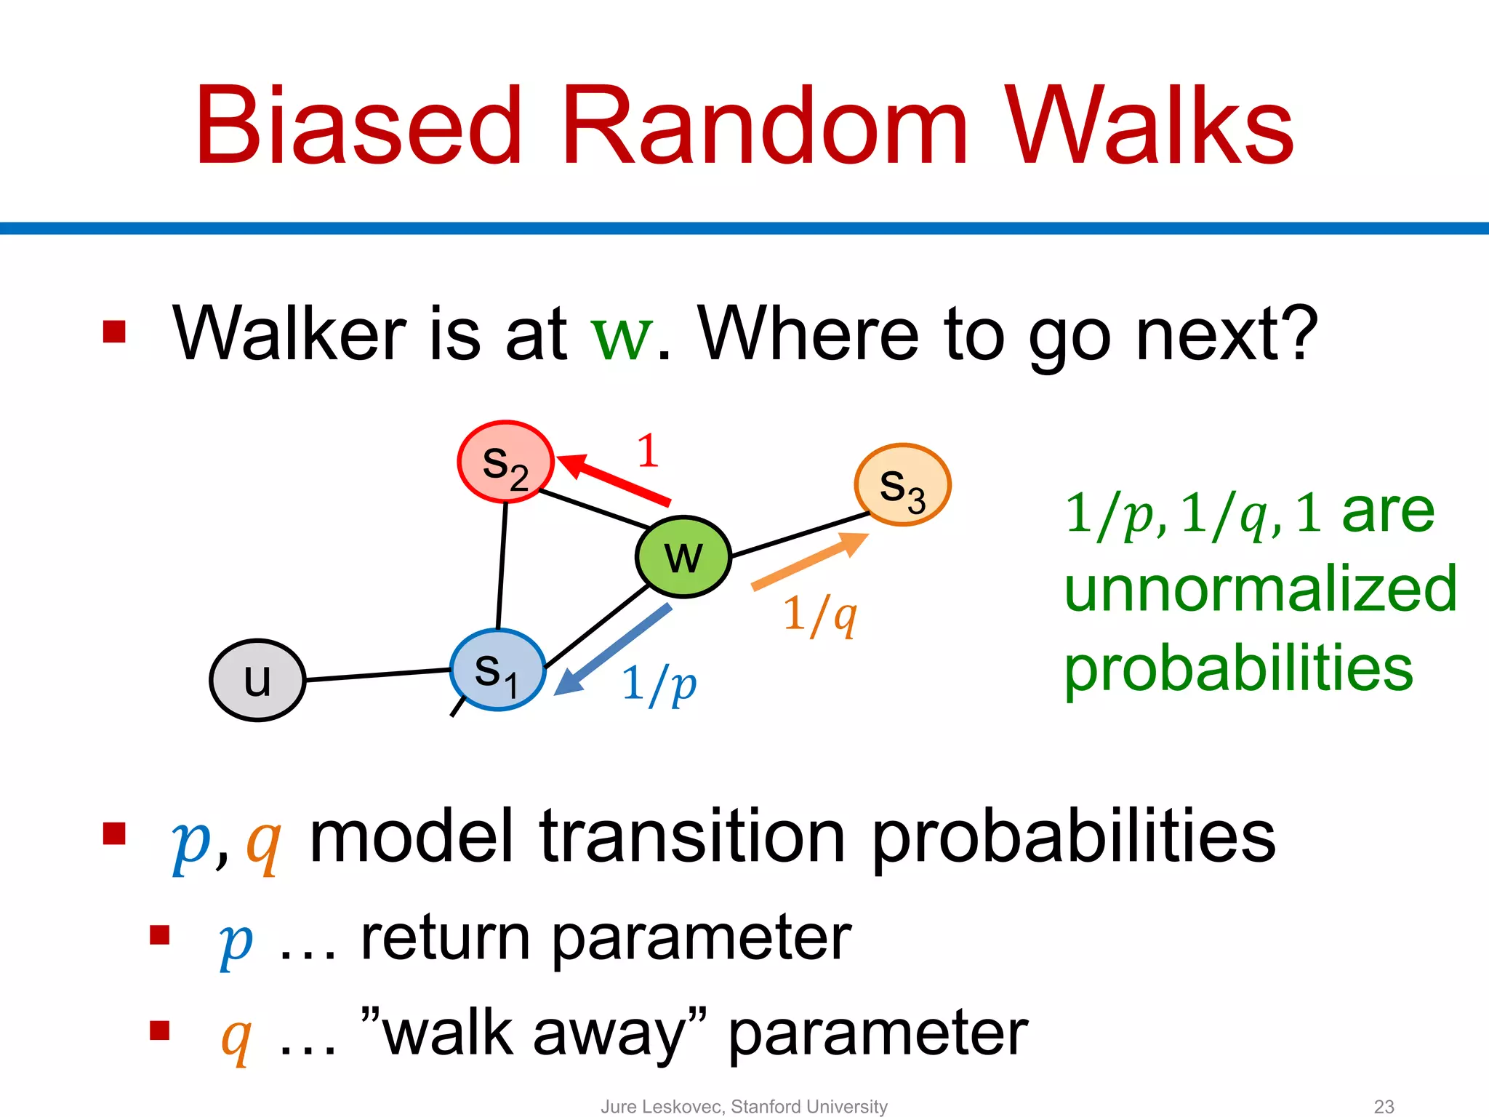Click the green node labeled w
(683, 556)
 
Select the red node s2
(505, 462)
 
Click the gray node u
(257, 680)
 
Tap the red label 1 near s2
(647, 451)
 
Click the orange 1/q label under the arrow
(820, 614)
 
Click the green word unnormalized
(1260, 589)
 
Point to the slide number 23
(1384, 1106)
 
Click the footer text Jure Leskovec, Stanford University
(744, 1106)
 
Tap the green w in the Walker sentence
(622, 336)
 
